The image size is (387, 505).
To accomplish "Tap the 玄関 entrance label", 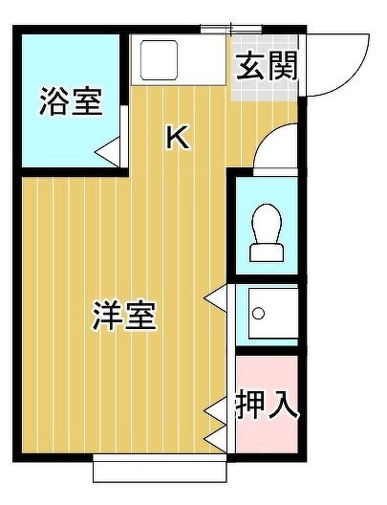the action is click(266, 67).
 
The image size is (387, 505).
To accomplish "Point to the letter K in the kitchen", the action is click(177, 138).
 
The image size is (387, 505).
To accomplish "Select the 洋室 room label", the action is click(124, 316).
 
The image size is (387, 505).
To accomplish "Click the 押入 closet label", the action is click(267, 404).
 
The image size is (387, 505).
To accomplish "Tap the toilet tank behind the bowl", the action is click(267, 253).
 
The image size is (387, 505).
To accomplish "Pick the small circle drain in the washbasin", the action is click(258, 313).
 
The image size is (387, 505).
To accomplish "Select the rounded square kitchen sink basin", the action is click(159, 60).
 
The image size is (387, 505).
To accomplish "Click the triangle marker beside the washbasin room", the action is click(216, 298).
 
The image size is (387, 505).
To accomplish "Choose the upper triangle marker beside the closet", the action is click(216, 410).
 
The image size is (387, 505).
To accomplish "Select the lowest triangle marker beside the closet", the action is click(216, 438).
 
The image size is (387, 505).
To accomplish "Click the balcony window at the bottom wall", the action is click(160, 468).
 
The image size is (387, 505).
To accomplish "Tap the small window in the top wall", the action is click(231, 30).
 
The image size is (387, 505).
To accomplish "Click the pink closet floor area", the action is click(267, 405).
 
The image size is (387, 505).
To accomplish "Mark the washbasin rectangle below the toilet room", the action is click(272, 314).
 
